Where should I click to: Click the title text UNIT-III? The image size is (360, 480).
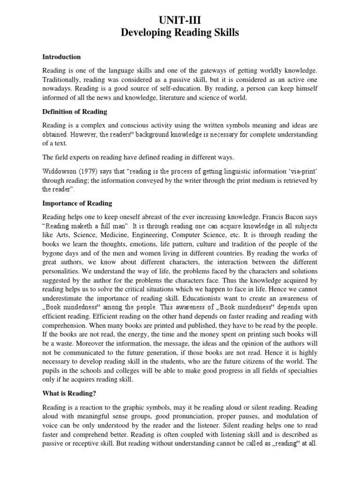180,19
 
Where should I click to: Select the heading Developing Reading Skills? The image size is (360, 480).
180,33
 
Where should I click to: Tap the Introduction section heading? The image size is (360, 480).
61,57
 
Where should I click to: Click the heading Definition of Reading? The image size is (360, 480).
75,112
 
